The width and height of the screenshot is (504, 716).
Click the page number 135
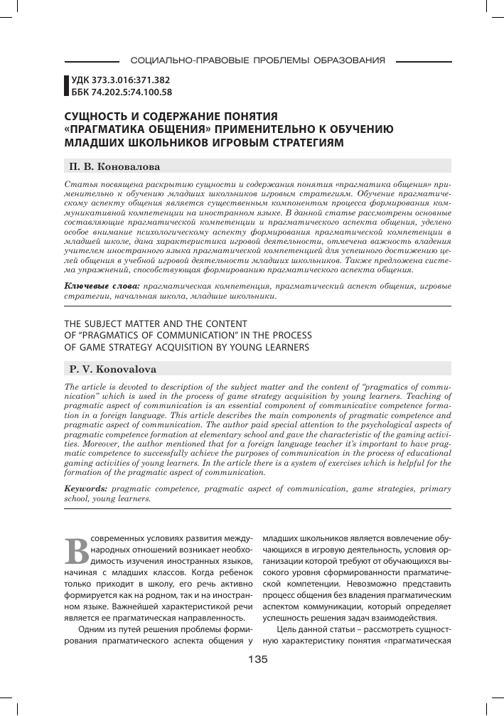pyautogui.click(x=252, y=660)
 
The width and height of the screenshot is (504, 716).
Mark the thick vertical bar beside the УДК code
pyautogui.click(x=66, y=86)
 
